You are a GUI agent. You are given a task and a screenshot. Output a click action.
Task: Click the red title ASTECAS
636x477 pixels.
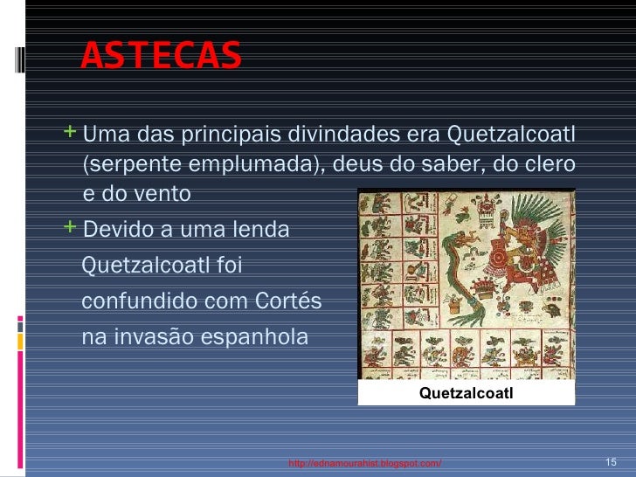click(x=160, y=56)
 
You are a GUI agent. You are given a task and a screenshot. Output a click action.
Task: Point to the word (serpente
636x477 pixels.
click(x=121, y=165)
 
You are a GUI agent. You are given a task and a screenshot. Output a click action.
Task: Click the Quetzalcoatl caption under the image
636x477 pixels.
click(x=466, y=394)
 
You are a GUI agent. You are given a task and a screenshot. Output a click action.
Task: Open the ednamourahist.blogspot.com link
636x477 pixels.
click(x=365, y=462)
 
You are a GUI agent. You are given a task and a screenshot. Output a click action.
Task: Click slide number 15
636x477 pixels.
click(x=611, y=461)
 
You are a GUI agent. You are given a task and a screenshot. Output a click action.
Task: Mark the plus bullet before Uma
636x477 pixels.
click(x=71, y=134)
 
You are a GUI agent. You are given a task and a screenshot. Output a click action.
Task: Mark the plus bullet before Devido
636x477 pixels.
click(x=71, y=228)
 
